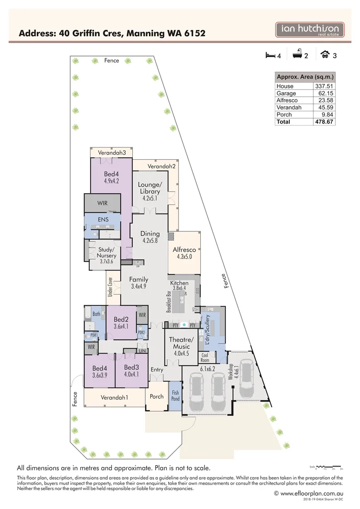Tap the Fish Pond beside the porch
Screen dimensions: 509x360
[x=175, y=395]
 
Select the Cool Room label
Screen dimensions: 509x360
[x=205, y=357]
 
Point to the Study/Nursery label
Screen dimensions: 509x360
[x=106, y=255]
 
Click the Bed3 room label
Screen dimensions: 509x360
[x=131, y=371]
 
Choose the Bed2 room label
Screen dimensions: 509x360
[x=121, y=322]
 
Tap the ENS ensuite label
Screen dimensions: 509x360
[x=103, y=220]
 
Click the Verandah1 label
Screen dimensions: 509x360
[x=115, y=397]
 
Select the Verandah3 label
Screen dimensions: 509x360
[x=111, y=153]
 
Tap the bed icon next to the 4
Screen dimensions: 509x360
[x=270, y=56]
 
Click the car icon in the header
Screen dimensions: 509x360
[x=325, y=56]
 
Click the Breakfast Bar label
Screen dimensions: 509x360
[x=169, y=302]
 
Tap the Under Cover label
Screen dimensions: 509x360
[x=110, y=287]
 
